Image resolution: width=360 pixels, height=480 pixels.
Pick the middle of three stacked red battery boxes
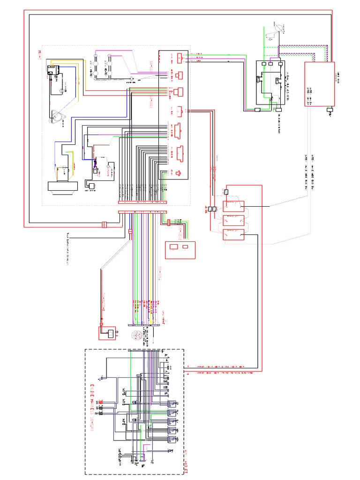click(x=233, y=220)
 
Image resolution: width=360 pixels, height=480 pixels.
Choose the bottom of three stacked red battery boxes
click(x=233, y=234)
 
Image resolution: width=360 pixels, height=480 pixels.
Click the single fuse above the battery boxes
click(x=226, y=192)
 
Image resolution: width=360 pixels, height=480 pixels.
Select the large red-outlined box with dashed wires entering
click(x=320, y=84)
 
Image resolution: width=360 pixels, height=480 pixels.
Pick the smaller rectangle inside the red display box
click(x=186, y=247)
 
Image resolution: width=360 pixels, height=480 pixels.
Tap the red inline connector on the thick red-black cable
click(x=105, y=225)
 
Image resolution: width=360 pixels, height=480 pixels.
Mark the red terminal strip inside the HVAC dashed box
click(x=142, y=203)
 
